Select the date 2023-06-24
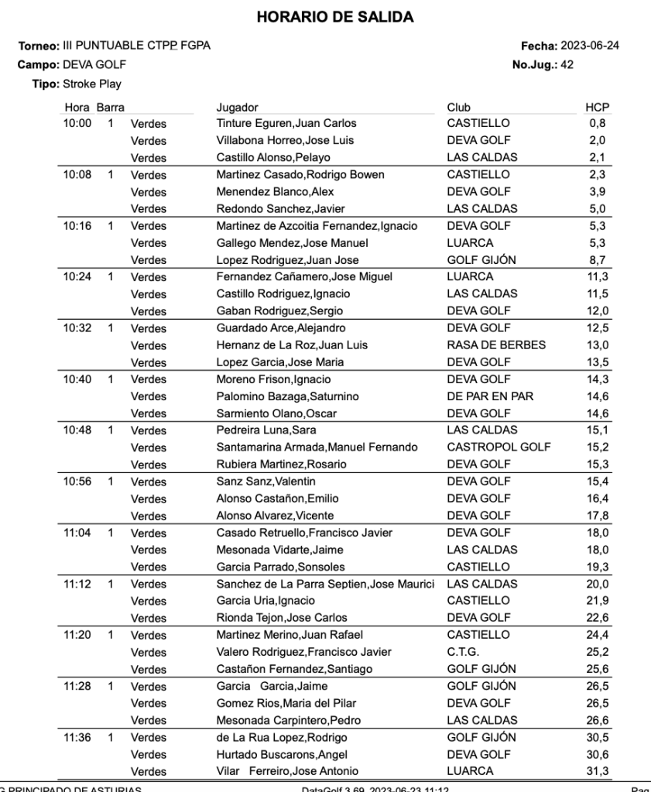point(589,46)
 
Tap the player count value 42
point(567,65)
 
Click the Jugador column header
point(237,108)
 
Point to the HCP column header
point(597,108)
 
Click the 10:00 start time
point(77,123)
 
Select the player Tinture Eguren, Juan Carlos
point(286,123)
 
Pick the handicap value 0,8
point(597,123)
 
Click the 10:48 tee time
point(77,430)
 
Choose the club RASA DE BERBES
point(496,345)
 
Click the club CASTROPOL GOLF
point(499,447)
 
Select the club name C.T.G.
point(463,652)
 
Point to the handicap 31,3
point(597,771)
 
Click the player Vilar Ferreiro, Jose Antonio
point(287,771)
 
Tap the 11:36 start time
point(77,738)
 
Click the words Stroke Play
point(91,84)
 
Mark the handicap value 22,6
point(597,618)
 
